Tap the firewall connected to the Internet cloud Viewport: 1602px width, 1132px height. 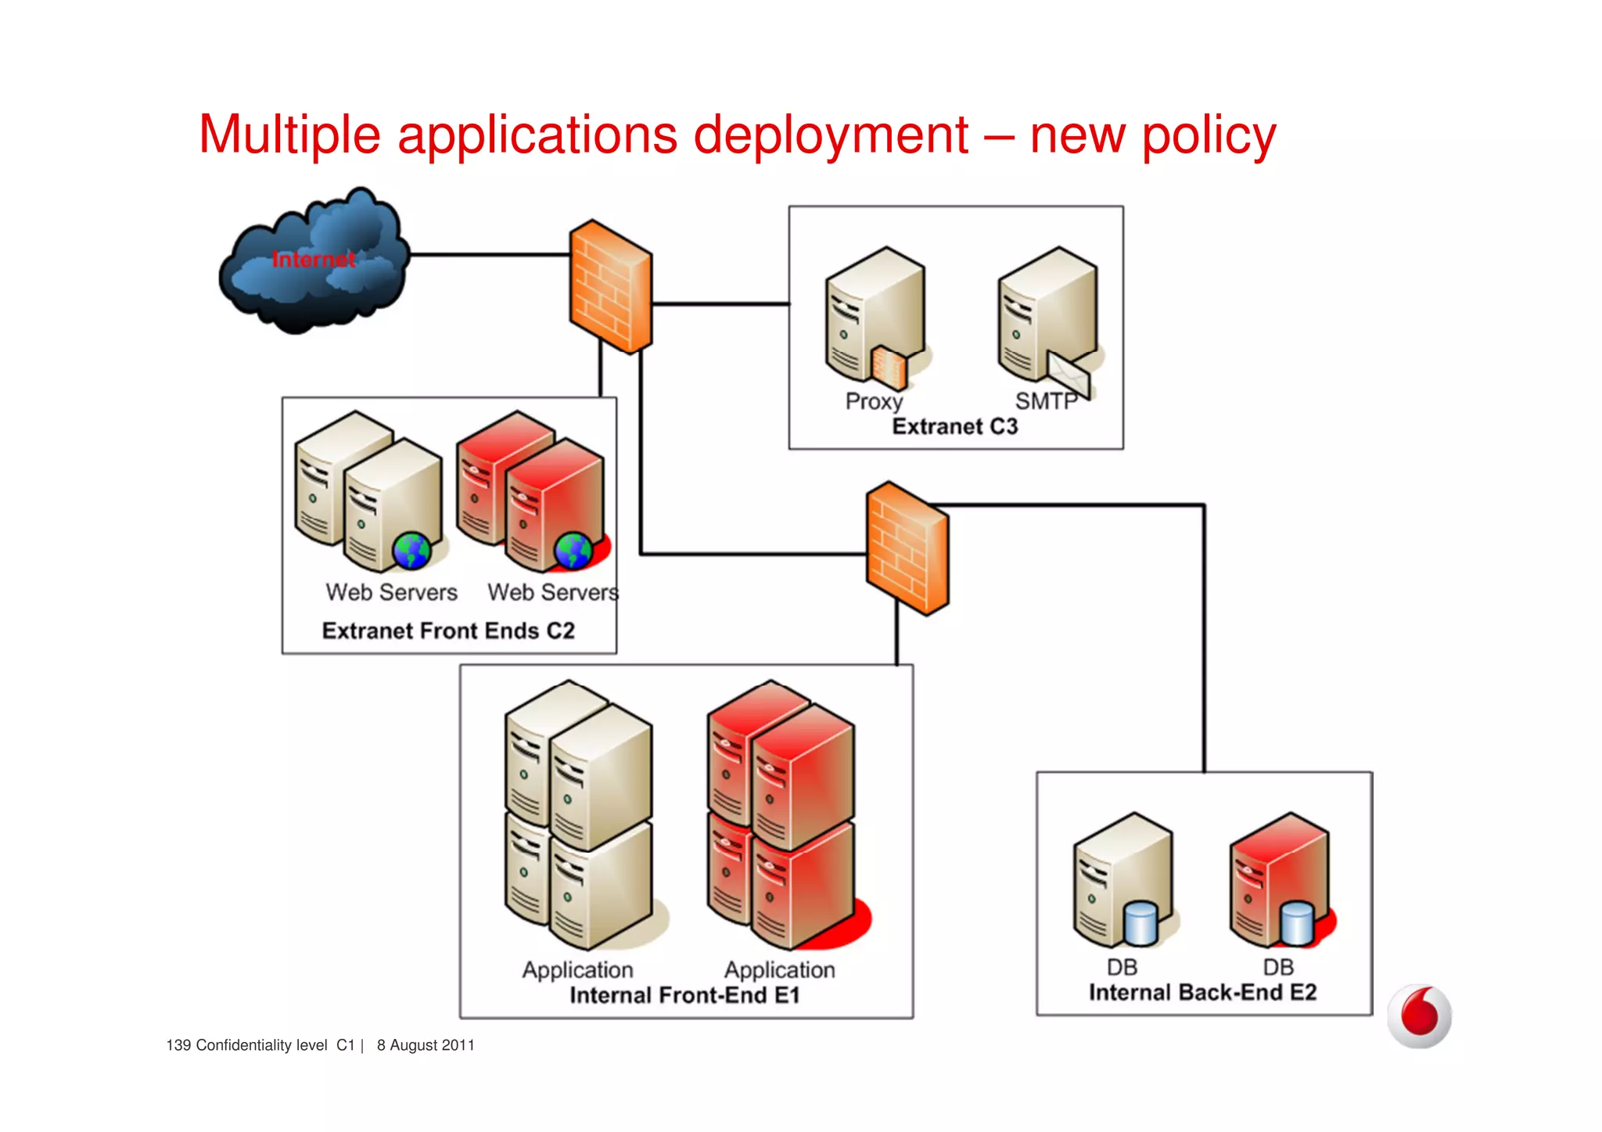coord(611,286)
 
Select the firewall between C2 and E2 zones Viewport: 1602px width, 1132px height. coord(907,548)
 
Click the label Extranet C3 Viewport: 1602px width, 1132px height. coord(955,426)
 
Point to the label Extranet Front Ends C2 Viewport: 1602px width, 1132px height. coord(448,631)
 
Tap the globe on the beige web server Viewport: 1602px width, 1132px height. coord(411,551)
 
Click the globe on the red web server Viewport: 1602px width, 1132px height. coord(573,551)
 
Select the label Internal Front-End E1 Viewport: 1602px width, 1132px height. coord(684,995)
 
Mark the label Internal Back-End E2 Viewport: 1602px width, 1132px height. coord(1202,993)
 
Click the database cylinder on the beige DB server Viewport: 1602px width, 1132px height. coord(1140,924)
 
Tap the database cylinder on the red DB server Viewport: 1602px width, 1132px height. coord(1297,924)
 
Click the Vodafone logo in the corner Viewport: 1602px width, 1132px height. coord(1419,1015)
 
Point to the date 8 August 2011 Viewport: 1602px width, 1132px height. coord(426,1045)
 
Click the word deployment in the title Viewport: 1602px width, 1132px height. coord(831,135)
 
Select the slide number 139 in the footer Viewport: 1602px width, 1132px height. coord(178,1045)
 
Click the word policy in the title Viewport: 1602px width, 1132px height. coord(1209,135)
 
